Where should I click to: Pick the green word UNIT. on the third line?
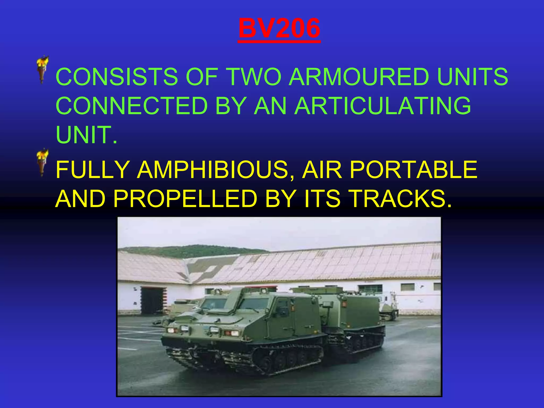pos(86,135)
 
